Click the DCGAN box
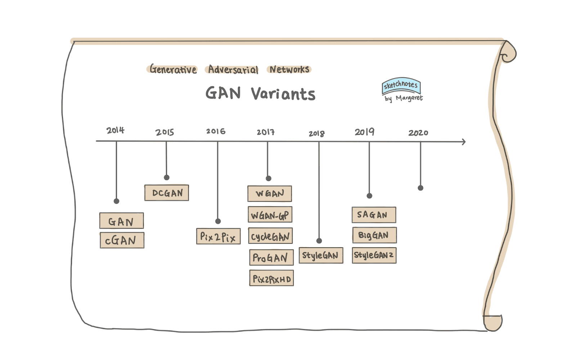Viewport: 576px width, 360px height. click(167, 193)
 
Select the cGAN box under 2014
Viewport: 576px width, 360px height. click(122, 240)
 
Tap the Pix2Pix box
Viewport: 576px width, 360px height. click(218, 237)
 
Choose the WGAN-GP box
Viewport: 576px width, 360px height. click(270, 215)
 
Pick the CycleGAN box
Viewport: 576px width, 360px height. click(270, 236)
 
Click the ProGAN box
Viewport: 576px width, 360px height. click(271, 257)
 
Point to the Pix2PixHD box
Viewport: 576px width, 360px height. click(271, 278)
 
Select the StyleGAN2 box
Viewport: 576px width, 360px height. click(374, 255)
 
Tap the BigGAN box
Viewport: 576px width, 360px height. click(374, 235)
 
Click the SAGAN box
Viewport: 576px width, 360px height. click(374, 215)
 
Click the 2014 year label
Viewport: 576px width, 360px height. click(115, 130)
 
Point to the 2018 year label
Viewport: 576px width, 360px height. click(316, 134)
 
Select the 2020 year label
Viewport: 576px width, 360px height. click(418, 133)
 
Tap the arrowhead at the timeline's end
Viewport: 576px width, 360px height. click(464, 142)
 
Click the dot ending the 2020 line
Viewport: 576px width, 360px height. click(420, 188)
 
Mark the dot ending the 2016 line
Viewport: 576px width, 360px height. click(218, 221)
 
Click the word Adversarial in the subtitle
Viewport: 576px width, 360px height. click(233, 69)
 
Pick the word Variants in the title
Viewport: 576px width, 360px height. click(283, 94)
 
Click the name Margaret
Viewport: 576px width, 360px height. click(409, 98)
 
